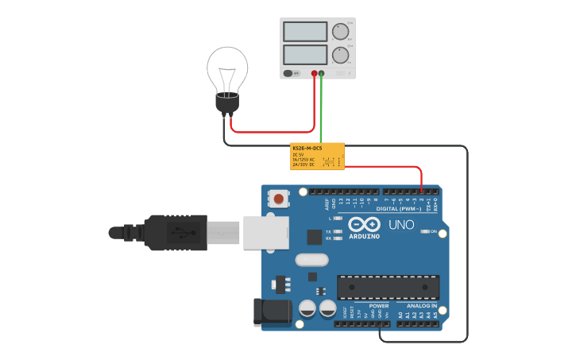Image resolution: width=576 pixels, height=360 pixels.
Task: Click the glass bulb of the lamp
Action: coord(227,69)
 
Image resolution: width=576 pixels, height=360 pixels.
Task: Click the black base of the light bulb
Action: coord(227,105)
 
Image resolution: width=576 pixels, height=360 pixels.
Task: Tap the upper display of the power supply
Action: coord(304,32)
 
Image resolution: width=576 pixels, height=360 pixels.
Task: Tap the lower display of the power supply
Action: coord(304,55)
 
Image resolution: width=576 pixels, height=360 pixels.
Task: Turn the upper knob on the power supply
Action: coord(339,32)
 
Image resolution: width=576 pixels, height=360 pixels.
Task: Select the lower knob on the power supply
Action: coord(339,55)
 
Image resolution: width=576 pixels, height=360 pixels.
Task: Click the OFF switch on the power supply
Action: coord(292,73)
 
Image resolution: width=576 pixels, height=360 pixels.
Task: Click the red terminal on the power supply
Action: coord(314,74)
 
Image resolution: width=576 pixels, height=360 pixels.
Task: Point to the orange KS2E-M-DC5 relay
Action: coord(317,156)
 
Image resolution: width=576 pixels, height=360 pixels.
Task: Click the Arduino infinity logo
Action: coord(364,224)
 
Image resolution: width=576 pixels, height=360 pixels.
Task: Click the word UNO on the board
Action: coord(401,225)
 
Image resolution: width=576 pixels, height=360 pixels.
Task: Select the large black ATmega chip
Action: coord(388,287)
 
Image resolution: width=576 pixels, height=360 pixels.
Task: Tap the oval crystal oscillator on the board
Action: coord(311,259)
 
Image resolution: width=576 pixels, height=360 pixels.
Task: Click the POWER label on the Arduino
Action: coord(379,305)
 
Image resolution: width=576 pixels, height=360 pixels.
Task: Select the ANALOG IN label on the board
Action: coord(422,305)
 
